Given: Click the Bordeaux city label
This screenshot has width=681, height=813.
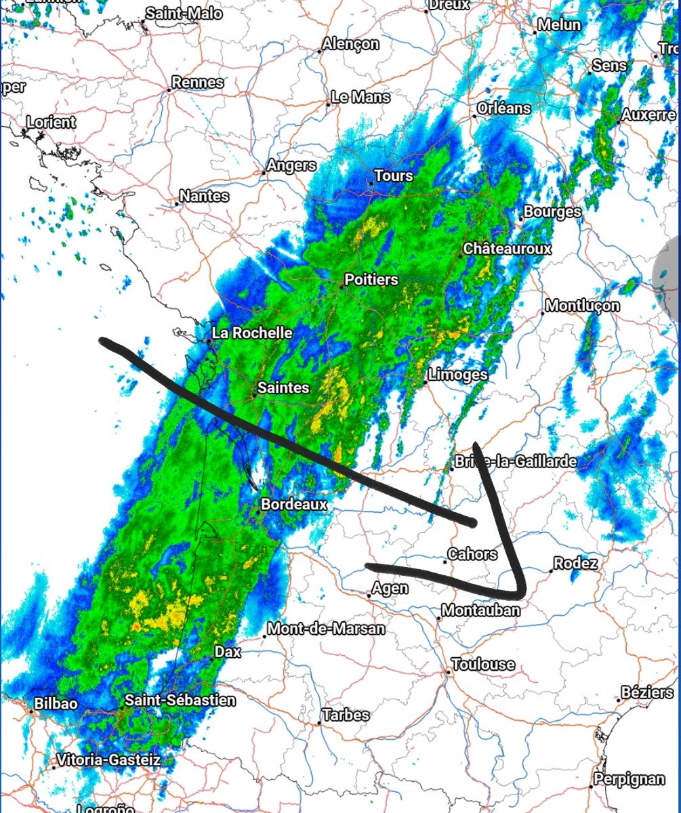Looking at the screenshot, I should (294, 504).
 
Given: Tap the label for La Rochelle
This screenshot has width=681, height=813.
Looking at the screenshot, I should (252, 333).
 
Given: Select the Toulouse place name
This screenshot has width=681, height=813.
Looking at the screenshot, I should (482, 664).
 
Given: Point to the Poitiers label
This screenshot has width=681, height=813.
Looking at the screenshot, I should (371, 279).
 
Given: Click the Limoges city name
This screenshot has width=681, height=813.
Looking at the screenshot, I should (458, 375).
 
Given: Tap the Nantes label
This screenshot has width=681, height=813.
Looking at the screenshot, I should (204, 196).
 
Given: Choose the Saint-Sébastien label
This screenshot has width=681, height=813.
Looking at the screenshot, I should (181, 700).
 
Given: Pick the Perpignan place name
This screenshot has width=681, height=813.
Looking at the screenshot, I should (630, 779).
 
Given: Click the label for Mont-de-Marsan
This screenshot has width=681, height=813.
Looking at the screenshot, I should (327, 629).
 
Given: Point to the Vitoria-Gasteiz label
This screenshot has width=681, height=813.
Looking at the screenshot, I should (109, 760).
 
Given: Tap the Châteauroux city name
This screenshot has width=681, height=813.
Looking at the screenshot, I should (508, 249).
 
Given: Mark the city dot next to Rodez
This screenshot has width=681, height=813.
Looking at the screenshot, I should (550, 571).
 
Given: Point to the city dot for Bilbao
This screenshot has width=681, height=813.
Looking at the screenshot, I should (32, 711).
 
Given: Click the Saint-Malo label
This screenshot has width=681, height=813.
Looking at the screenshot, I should (184, 14).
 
